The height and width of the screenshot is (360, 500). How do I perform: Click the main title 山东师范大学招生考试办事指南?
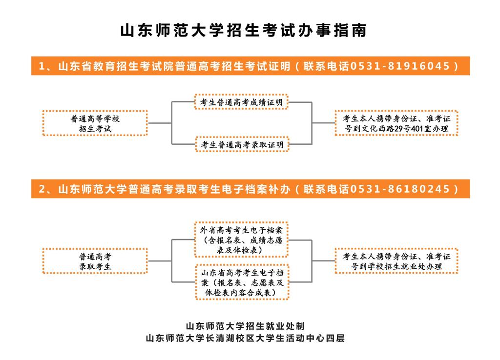[x=243, y=31]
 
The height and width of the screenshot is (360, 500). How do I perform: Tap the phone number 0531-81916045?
[x=400, y=66]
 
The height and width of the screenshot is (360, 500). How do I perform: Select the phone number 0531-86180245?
[x=400, y=189]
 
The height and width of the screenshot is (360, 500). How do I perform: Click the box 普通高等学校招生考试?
[x=95, y=123]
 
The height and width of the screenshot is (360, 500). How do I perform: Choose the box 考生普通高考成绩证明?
[x=241, y=102]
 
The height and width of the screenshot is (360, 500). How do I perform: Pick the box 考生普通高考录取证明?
[x=242, y=144]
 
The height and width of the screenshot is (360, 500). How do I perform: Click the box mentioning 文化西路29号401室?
[x=396, y=123]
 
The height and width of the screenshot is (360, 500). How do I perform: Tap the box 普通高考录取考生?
[x=95, y=261]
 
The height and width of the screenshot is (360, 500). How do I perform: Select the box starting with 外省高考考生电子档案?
[x=241, y=240]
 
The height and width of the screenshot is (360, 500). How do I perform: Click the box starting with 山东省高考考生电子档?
[x=242, y=282]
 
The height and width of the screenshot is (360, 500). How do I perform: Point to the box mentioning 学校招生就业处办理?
[x=396, y=261]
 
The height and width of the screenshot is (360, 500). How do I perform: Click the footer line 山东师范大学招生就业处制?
[x=245, y=326]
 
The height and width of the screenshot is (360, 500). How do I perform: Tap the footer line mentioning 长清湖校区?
[x=245, y=338]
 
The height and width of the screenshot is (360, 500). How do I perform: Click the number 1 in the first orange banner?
[x=42, y=66]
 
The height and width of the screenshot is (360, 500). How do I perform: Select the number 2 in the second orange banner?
[x=42, y=189]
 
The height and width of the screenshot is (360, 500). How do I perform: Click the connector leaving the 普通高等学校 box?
[x=160, y=123]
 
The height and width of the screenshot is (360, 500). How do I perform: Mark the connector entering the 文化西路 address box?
[x=323, y=123]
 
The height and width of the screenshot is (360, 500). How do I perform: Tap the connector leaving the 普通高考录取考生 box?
[x=160, y=261]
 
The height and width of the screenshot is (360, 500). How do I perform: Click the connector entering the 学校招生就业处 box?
[x=323, y=261]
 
